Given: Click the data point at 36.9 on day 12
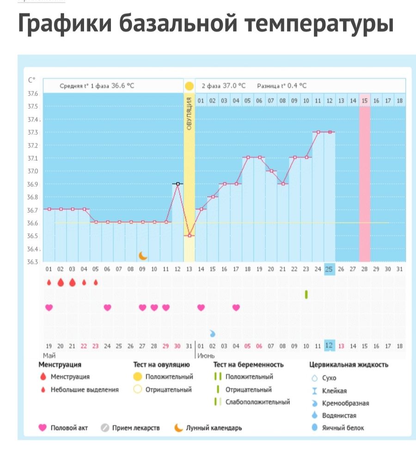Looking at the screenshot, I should (x=177, y=184).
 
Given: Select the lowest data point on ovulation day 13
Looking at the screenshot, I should (x=189, y=236).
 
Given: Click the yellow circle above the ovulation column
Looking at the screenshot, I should (x=189, y=86).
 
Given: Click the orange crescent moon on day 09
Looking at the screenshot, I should (x=143, y=255).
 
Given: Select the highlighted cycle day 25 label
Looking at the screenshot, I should (x=329, y=269).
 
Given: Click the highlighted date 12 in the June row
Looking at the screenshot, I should (x=329, y=346).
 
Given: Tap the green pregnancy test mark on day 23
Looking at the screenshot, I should (x=306, y=294).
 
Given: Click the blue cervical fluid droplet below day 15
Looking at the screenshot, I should (x=213, y=333).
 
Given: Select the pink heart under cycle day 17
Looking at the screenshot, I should (x=236, y=307).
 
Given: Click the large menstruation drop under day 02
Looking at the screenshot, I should (x=61, y=283).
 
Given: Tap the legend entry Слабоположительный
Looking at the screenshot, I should (x=257, y=402).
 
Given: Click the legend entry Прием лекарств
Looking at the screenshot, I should (x=135, y=428).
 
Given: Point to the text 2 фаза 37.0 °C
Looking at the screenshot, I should (x=223, y=86).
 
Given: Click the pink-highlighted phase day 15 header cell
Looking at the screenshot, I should (x=365, y=100).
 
